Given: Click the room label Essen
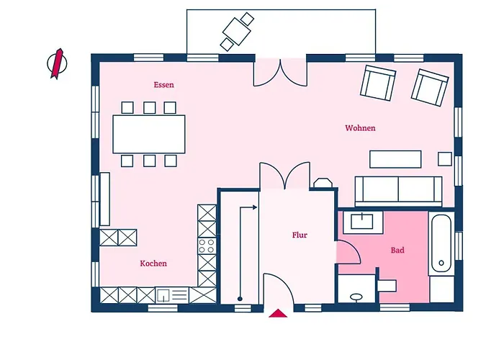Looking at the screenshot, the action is pos(163,85).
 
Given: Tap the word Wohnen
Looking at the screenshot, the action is pos(360,128).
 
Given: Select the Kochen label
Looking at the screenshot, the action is pos(153,264).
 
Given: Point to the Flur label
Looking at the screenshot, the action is pos(300,235).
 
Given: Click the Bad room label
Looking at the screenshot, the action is pos(397,250).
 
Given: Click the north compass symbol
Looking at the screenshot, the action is pos(57,63).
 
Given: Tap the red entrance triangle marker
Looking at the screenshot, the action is pos(278,313).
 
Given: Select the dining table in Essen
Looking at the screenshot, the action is pos(149,134).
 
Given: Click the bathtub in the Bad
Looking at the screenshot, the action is pos(441,243).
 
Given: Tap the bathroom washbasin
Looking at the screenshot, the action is pos(362,222).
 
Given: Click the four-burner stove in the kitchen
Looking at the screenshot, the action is pos(207,246).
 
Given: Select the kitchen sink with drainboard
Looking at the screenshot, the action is pos(172,295).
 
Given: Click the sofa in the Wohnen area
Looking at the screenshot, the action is pos(399,192).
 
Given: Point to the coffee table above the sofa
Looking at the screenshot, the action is pos(395,159).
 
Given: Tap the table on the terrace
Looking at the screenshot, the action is pos(237,31).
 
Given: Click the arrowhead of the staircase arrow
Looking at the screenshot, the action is pos(255,207).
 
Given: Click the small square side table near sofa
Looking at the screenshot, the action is pos(445,159).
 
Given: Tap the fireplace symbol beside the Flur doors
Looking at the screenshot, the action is pos(323,183).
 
